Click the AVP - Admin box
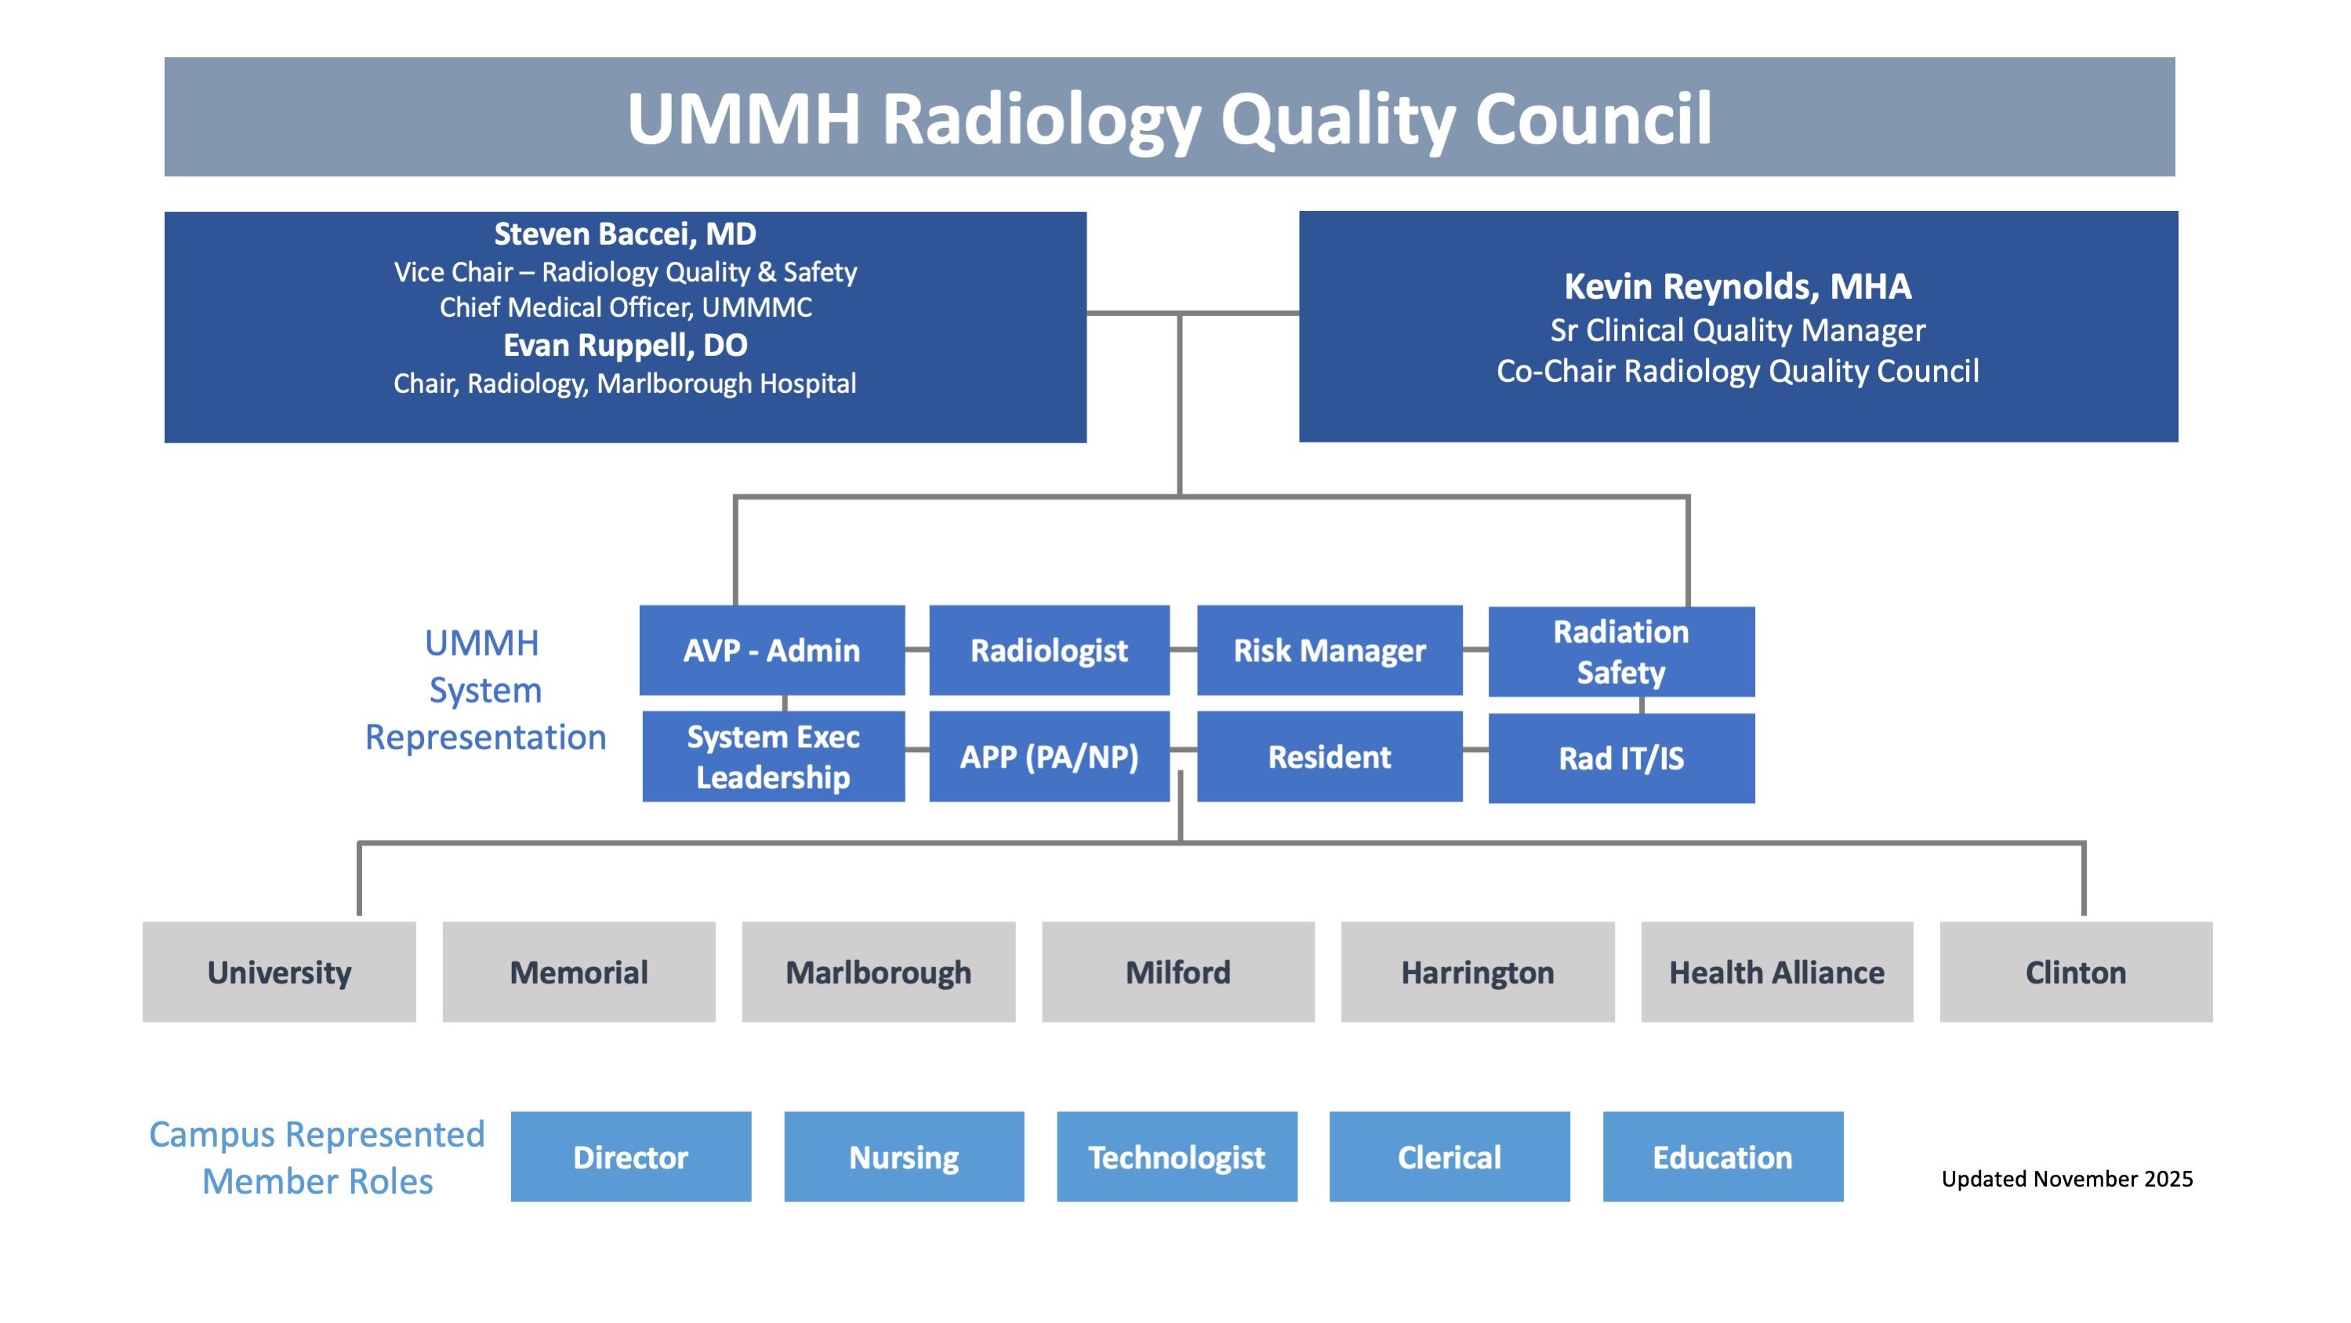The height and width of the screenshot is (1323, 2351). coord(771,650)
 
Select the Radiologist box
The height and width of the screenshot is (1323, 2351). coord(1049,650)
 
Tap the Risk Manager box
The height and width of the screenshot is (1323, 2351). coord(1329,650)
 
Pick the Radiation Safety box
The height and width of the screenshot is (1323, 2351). coord(1621,652)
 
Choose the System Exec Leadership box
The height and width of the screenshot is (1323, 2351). coord(773,757)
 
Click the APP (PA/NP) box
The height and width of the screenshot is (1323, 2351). coord(1049,757)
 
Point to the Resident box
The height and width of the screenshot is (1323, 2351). coord(1329,757)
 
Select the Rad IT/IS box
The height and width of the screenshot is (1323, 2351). coord(1621,758)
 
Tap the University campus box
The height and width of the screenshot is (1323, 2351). coord(279,972)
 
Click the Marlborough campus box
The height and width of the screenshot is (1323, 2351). coord(878,972)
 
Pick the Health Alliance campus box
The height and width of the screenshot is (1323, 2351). coord(1776,972)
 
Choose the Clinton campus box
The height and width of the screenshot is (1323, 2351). coord(2075,972)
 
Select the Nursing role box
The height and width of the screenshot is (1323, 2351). coord(904,1157)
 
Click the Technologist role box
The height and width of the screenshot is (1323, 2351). coord(1177,1157)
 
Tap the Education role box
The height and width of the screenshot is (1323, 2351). coord(1722,1157)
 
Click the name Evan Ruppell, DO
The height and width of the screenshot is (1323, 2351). coord(625,345)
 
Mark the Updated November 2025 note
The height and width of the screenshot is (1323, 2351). coord(2066,1179)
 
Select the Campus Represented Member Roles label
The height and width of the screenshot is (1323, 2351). coord(317,1158)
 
